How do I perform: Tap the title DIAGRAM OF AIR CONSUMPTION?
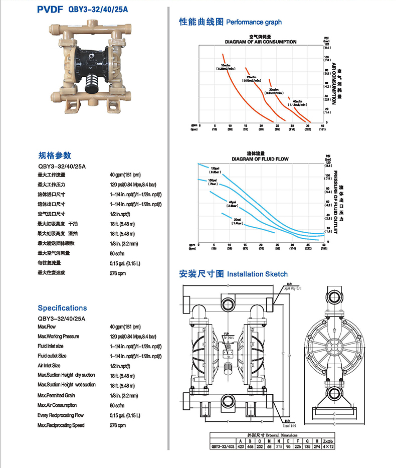tap(260, 42)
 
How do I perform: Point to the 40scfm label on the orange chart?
tap(297, 103)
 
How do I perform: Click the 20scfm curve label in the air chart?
tap(252, 78)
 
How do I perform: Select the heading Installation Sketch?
tap(257, 274)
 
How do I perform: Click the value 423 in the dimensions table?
tap(241, 446)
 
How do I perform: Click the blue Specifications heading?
tap(62, 308)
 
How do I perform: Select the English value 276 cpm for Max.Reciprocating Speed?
tap(118, 425)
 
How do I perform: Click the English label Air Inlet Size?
tap(49, 366)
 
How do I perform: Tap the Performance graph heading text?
tap(254, 22)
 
